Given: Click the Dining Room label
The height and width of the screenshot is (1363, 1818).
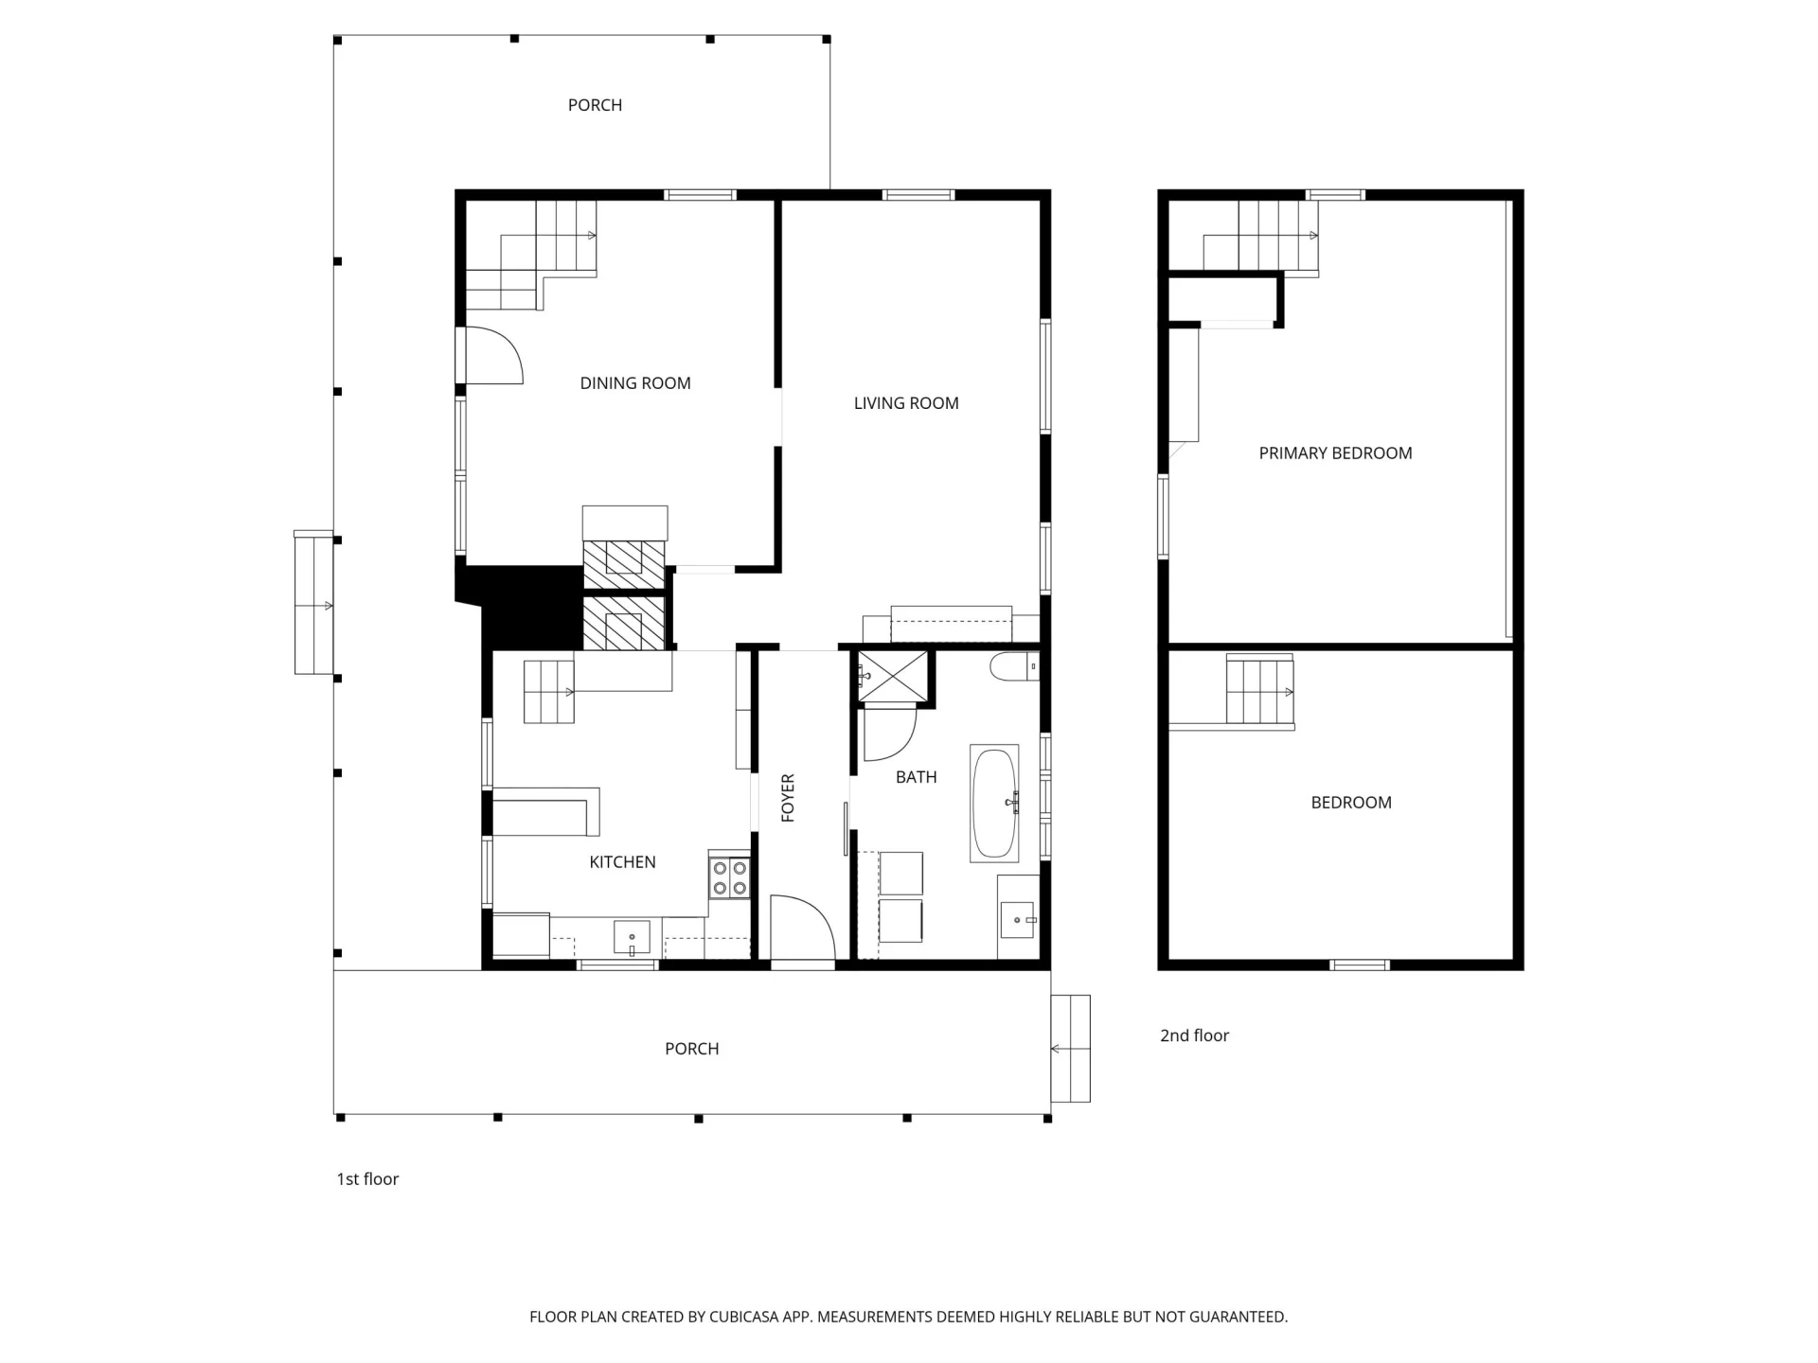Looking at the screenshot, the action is [x=635, y=383].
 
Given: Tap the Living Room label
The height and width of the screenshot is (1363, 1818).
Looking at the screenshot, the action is [x=906, y=403].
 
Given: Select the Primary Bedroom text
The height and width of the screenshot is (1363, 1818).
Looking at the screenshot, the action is [x=1335, y=453].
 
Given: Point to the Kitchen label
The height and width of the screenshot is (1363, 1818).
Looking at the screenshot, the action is [x=622, y=862].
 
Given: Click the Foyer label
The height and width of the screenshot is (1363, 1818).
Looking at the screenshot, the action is [x=788, y=798].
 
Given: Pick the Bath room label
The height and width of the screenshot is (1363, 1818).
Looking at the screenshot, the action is [x=917, y=777].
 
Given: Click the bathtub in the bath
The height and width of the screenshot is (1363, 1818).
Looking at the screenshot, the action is [x=994, y=803].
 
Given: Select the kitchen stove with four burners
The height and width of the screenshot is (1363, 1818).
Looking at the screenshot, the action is [x=729, y=876].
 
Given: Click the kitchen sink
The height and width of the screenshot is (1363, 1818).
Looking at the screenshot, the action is [x=632, y=937].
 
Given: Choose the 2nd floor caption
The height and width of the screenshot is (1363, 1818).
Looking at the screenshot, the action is [x=1194, y=1036].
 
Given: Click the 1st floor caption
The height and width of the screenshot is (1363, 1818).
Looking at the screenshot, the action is [x=367, y=1179].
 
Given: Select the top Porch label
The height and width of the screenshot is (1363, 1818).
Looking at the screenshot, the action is [x=595, y=105].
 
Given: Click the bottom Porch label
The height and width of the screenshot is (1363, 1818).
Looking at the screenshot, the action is [x=691, y=1049].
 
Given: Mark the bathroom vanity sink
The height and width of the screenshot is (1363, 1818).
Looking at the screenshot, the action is [x=1018, y=919].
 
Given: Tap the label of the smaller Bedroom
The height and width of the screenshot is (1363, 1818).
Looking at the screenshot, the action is [x=1351, y=803].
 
